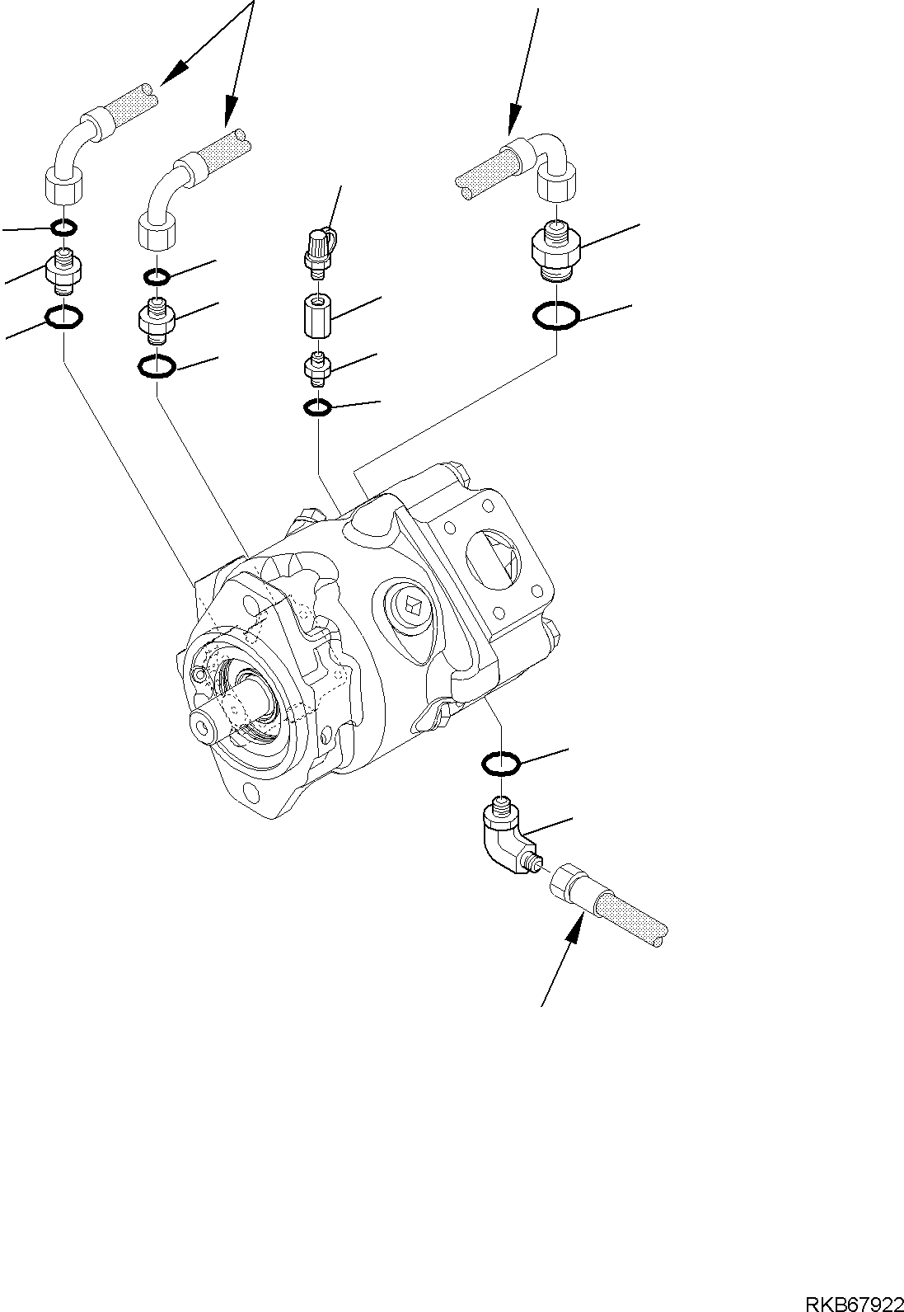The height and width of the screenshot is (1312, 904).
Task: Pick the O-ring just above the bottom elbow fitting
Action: click(x=501, y=764)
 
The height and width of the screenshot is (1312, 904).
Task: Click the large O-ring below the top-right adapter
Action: click(x=555, y=315)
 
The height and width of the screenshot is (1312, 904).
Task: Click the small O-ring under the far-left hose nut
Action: click(x=64, y=226)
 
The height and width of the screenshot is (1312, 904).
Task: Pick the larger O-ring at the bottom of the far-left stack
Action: click(x=64, y=317)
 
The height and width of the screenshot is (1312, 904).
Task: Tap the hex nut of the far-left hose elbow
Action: click(x=61, y=185)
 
